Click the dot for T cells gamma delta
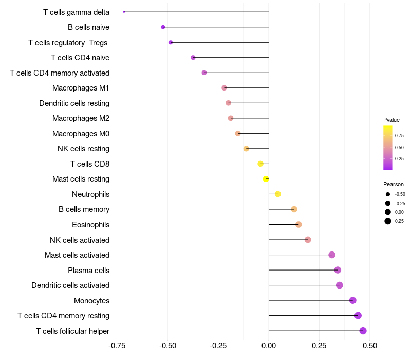pos(124,12)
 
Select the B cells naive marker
pos(163,27)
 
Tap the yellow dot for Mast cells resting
pos(266,179)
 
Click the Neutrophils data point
pos(278,194)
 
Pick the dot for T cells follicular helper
pos(363,331)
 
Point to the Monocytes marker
pos(353,300)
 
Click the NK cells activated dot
pos(308,240)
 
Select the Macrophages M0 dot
pos(238,133)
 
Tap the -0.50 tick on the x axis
pos(168,346)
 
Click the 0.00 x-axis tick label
pos(269,346)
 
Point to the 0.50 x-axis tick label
pos(370,346)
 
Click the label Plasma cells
pos(88,271)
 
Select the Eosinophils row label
pos(91,225)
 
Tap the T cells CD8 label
pos(90,164)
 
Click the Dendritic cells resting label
pos(74,103)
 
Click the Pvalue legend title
pos(391,120)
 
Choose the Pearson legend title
pos(394,184)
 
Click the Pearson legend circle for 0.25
pos(388,221)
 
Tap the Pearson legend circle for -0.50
pos(388,194)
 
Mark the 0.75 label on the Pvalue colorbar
pos(399,136)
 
